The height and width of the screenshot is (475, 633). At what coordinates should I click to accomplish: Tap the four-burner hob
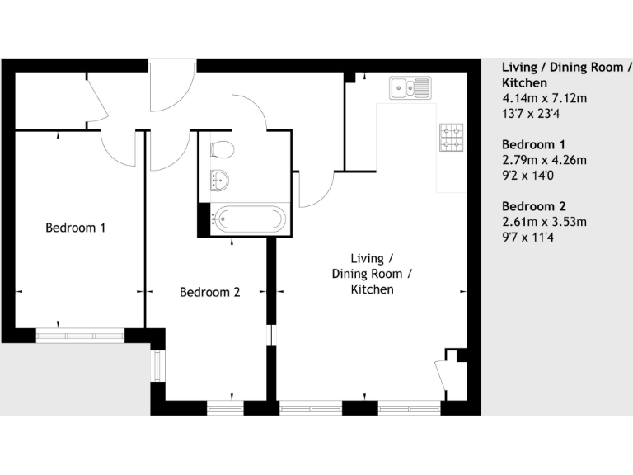pyautogui.click(x=452, y=138)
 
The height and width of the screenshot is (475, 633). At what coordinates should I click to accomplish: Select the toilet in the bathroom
pyautogui.click(x=222, y=149)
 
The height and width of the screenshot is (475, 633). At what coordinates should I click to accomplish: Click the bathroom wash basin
pyautogui.click(x=220, y=178)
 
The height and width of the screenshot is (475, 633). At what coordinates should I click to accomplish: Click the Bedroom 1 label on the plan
pyautogui.click(x=75, y=228)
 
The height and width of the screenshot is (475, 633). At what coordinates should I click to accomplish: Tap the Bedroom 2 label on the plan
pyautogui.click(x=210, y=292)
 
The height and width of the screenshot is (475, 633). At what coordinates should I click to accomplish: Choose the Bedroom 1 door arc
pyautogui.click(x=120, y=148)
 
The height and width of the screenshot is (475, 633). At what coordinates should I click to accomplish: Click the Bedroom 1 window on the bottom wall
pyautogui.click(x=80, y=336)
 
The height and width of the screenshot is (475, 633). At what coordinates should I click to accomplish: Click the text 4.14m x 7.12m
pyautogui.click(x=544, y=99)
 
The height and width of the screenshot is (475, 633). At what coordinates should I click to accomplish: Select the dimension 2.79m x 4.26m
pyautogui.click(x=544, y=160)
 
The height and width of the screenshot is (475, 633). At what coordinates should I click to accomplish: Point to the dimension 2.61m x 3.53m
pyautogui.click(x=544, y=221)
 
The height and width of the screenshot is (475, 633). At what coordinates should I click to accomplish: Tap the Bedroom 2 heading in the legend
pyautogui.click(x=534, y=206)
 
